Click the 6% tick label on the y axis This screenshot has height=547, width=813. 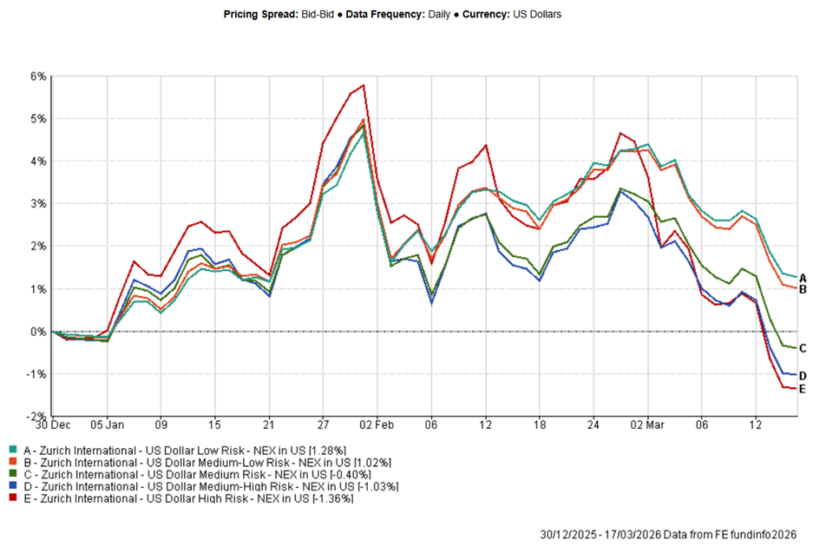pos(37,76)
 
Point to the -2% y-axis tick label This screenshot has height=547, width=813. pos(36,416)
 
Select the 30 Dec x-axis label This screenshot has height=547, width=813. pos(53,426)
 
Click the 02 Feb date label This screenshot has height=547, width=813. pos(377,426)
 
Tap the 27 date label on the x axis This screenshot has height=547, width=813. pos(323,426)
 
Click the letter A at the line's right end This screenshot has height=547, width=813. pos(803,278)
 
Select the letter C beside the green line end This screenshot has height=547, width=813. pos(803,348)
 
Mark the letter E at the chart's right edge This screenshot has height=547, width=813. pos(803,388)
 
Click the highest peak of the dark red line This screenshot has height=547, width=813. pos(363,85)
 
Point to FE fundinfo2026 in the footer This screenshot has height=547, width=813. pos(759,534)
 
